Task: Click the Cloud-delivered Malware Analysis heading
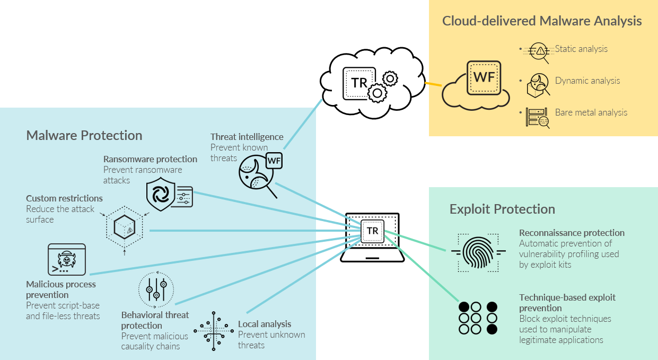coord(542,21)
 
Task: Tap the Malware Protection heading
coord(84,135)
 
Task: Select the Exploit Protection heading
coord(502,209)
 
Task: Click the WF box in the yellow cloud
coord(484,77)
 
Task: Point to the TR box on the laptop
coord(373,231)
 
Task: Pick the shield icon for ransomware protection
coord(160,195)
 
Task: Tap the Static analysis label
coord(581,49)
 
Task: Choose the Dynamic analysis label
coord(587,81)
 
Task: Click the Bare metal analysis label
coord(591,112)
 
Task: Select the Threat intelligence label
coord(247,137)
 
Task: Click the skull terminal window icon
coord(66,259)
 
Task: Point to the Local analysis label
coord(265,324)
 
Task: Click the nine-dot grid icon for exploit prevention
coord(478,318)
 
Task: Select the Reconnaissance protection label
coord(572,233)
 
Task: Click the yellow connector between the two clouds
coord(434,84)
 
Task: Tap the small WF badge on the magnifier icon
coord(274,160)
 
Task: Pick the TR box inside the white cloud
coord(359,83)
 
